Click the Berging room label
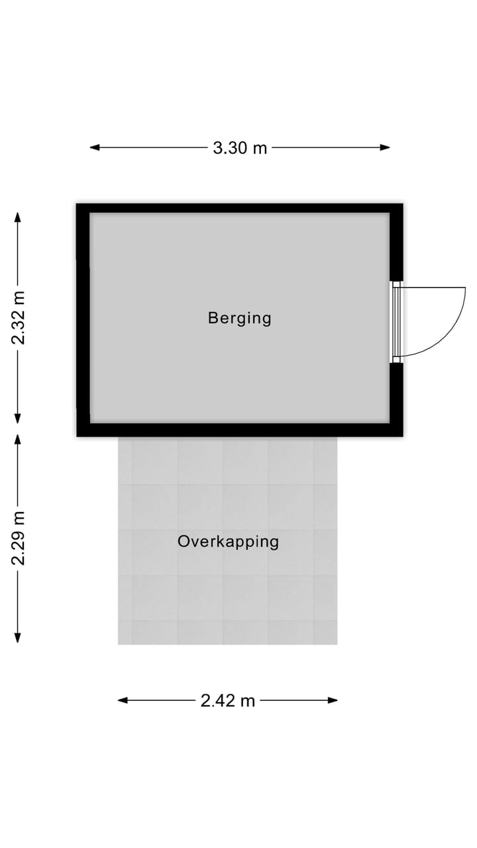click(x=239, y=318)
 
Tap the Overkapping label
click(x=229, y=542)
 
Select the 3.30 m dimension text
click(x=240, y=148)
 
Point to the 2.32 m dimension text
click(x=18, y=318)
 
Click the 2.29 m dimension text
click(x=18, y=538)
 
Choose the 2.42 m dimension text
click(x=227, y=701)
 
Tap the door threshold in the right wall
click(x=396, y=322)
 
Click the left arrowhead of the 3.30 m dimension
click(x=95, y=147)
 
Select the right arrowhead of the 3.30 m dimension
click(x=385, y=147)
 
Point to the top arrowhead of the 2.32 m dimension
click(x=17, y=217)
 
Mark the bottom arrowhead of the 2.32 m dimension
click(x=17, y=418)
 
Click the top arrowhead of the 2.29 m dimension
click(x=17, y=439)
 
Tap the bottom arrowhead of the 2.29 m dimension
click(x=17, y=638)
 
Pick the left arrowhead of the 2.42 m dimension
click(x=123, y=700)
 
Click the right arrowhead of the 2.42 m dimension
click(x=333, y=700)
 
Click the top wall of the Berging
click(x=240, y=208)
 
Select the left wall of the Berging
click(x=83, y=320)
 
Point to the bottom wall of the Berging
click(x=240, y=430)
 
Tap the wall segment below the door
click(x=396, y=399)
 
